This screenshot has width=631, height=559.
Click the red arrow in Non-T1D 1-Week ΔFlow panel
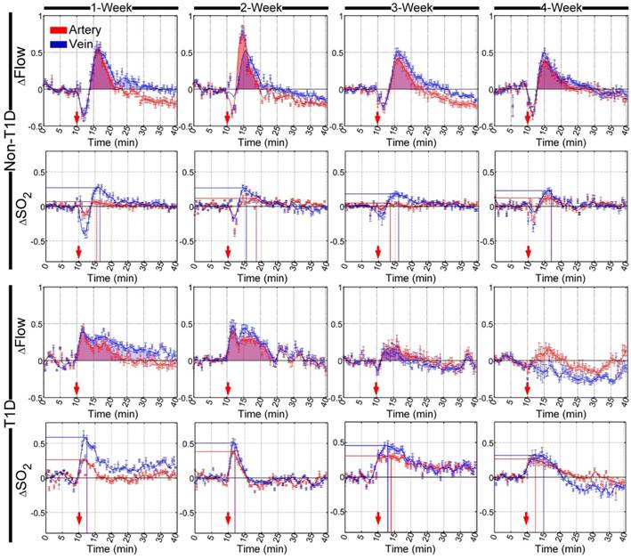(77, 115)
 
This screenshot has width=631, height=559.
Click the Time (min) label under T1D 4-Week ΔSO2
(561, 552)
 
